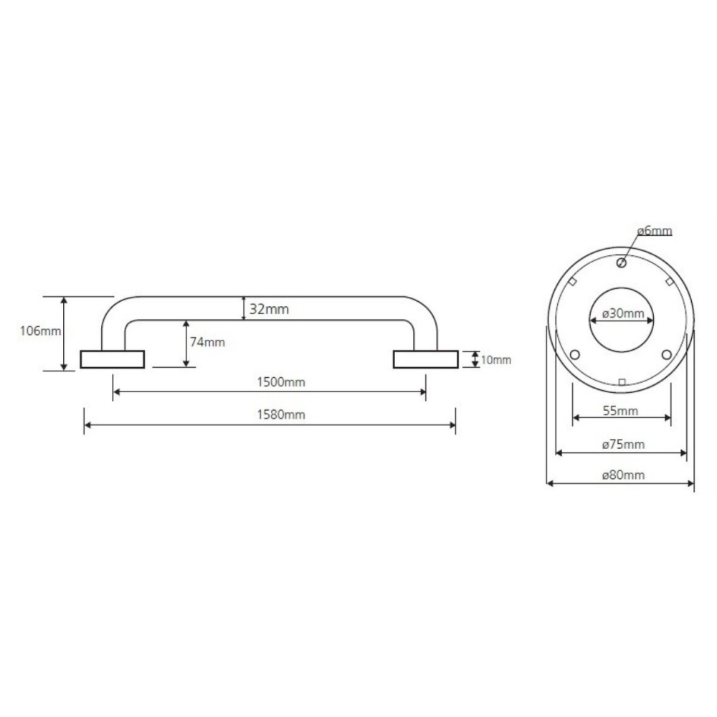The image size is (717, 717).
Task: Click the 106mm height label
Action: coord(40,331)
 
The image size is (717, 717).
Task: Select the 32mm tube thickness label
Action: coord(269,309)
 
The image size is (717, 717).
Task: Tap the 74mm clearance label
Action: coord(207,342)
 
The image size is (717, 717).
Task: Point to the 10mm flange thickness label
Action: coord(495,360)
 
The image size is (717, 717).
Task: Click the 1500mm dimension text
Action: coord(281,382)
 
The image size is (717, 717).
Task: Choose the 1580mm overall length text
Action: coord(281,414)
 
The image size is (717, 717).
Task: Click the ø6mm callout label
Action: coord(655,231)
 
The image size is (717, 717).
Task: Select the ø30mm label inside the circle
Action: coord(623,313)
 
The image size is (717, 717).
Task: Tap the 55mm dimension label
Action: coord(620,411)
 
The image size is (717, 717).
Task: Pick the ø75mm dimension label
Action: coord(623,444)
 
